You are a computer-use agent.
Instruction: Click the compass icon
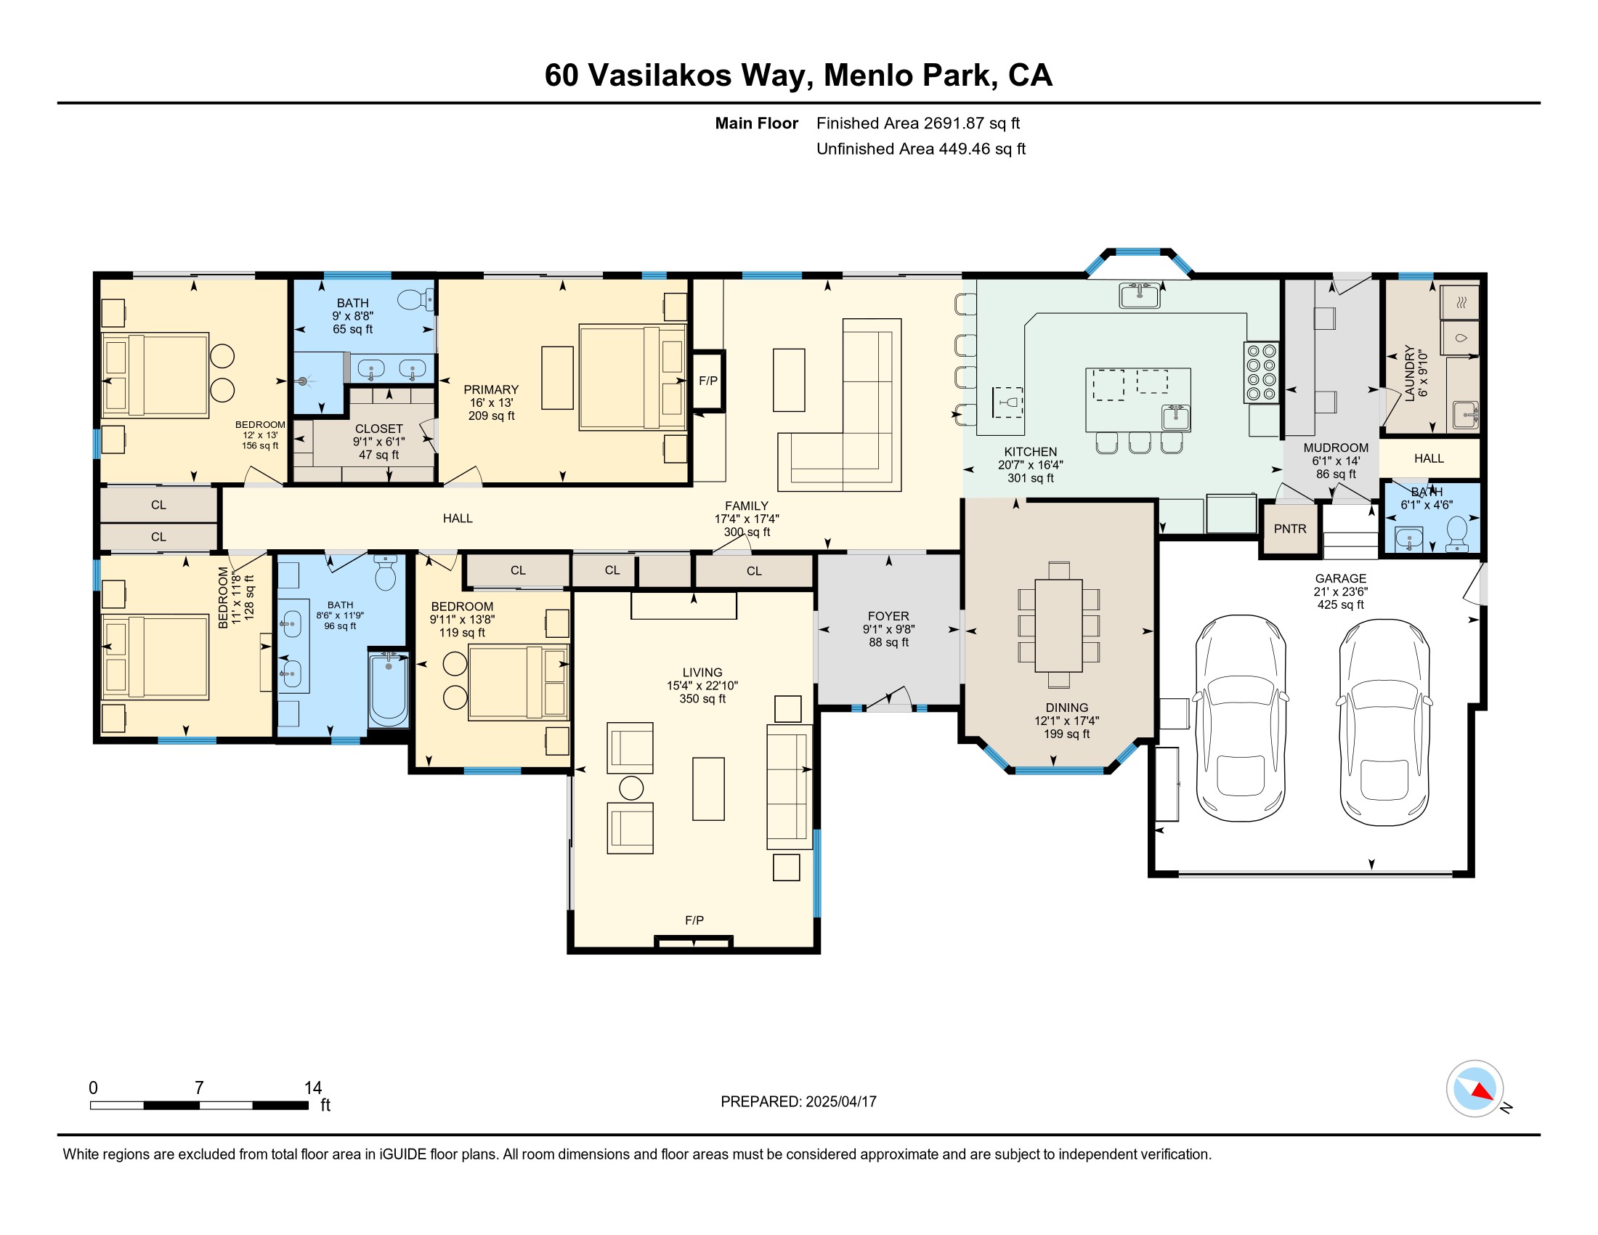coord(1475,1089)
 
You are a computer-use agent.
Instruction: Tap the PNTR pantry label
coord(1290,529)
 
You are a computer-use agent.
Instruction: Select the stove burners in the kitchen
coord(1262,373)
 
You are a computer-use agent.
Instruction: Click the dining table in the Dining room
coord(1059,625)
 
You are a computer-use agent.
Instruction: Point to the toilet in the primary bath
coord(416,299)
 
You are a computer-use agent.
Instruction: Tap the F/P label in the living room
coord(694,920)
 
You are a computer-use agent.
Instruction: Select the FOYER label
coord(888,617)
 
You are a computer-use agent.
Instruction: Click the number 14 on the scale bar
coord(313,1088)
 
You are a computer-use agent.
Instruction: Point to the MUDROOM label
coord(1336,448)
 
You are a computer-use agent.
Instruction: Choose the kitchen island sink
coord(1176,417)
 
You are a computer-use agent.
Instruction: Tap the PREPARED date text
coord(798,1102)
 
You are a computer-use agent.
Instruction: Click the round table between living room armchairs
coord(631,788)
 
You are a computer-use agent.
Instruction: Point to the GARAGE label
coord(1340,579)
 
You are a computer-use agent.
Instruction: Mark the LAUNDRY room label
coord(1410,374)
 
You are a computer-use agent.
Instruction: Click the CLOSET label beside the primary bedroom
coord(379,429)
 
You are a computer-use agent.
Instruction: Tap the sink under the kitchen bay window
coord(1139,296)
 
